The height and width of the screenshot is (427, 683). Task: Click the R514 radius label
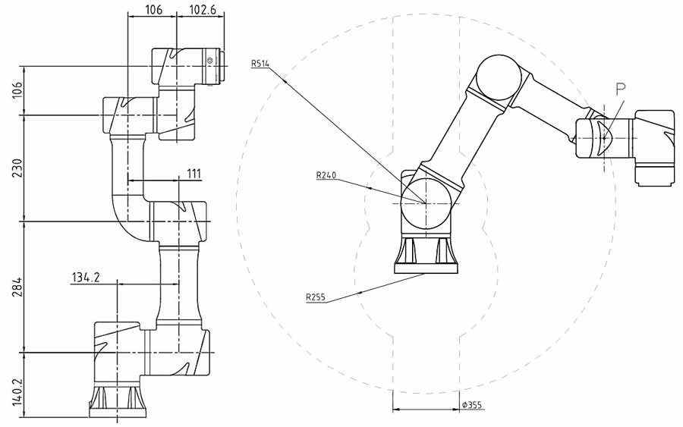tap(260, 64)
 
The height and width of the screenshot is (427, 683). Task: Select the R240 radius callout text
tap(326, 175)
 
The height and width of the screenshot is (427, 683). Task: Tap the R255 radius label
tap(316, 298)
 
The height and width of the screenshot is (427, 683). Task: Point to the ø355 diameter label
tap(472, 405)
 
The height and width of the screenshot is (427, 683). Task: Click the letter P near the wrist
tap(621, 89)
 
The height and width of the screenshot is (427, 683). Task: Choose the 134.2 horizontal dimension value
tap(86, 278)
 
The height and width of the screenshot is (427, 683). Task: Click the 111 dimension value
tap(194, 174)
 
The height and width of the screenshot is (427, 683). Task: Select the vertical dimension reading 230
tap(17, 168)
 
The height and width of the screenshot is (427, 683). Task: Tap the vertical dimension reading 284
tap(17, 287)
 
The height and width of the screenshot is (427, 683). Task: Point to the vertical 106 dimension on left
tap(17, 90)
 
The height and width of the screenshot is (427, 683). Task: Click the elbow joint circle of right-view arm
tap(499, 78)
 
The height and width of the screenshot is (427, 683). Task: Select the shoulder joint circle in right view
tap(425, 203)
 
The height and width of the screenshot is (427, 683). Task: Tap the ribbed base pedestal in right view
tap(426, 255)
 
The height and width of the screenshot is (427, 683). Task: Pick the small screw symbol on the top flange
tap(210, 60)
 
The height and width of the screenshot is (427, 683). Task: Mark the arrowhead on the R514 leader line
tap(284, 80)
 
